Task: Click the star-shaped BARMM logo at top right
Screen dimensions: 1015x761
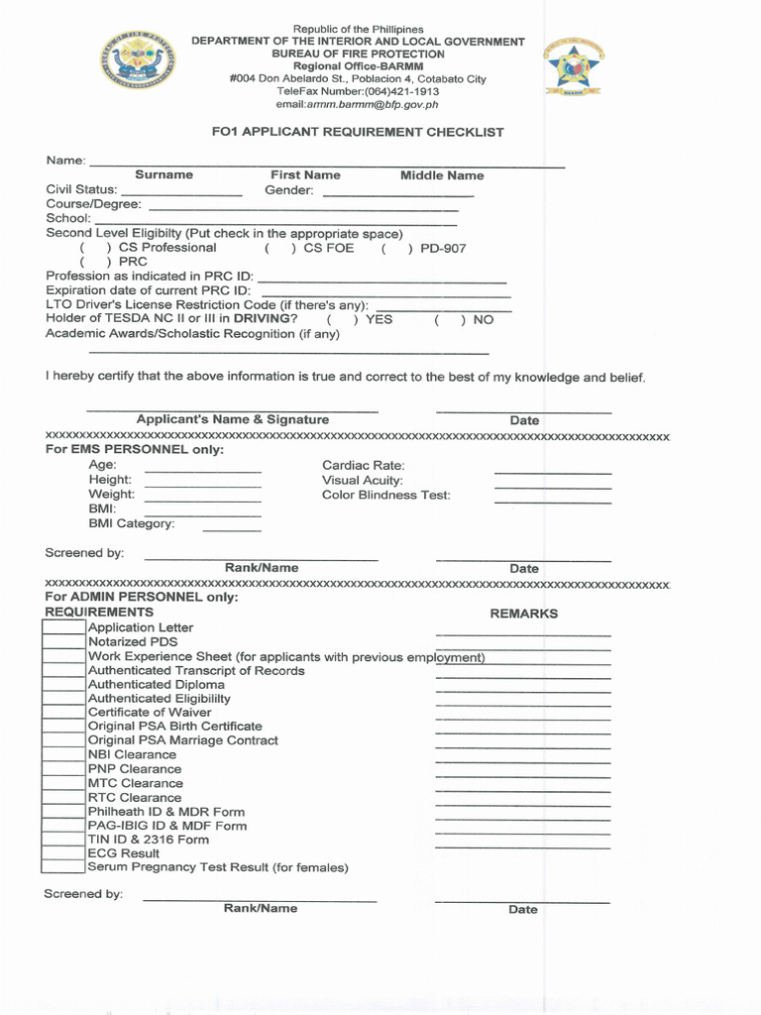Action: click(x=574, y=66)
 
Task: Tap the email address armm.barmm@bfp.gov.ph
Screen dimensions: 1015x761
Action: click(x=357, y=104)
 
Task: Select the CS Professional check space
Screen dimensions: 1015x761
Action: click(x=95, y=248)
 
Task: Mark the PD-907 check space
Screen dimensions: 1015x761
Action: click(x=396, y=249)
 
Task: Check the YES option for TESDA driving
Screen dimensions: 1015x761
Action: click(x=342, y=320)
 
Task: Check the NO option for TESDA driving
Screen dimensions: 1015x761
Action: click(x=449, y=320)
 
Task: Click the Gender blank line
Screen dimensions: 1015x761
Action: click(x=397, y=192)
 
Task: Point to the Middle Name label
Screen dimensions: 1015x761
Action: click(x=442, y=175)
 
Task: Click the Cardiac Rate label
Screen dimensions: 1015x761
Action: click(x=363, y=465)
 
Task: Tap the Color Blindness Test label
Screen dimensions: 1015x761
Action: click(x=385, y=495)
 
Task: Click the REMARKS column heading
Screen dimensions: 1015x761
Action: click(x=523, y=614)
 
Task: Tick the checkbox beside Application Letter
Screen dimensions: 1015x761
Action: click(x=63, y=627)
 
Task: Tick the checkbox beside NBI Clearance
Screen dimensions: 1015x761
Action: click(x=63, y=754)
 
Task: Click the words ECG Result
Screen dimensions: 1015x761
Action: click(x=123, y=852)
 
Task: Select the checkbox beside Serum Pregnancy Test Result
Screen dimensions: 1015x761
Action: click(x=63, y=866)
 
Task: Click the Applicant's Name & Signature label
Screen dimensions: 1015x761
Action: click(x=232, y=419)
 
